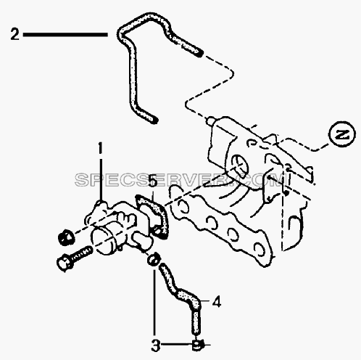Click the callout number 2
14,34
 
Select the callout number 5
153,180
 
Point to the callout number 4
217,302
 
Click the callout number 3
156,345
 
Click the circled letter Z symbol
342,134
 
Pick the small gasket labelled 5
152,216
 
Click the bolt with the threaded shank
75,258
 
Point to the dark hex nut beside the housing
66,237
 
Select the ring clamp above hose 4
154,260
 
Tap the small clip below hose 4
198,345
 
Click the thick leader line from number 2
65,35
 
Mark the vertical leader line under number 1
100,179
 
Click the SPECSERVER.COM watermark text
181,180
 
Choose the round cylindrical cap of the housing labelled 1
104,241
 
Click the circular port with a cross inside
240,165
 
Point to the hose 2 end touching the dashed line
199,53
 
